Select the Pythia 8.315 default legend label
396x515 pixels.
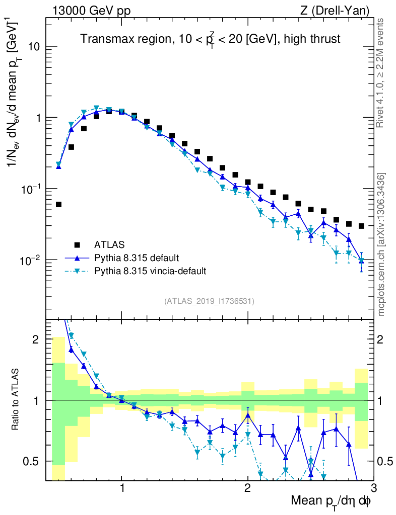[x=136, y=258]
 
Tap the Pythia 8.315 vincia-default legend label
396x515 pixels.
[x=150, y=271]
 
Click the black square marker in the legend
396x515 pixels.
[x=77, y=245]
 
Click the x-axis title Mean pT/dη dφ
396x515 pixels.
[x=331, y=501]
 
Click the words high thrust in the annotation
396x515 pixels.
[x=313, y=39]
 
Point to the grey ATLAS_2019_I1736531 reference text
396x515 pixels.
[x=209, y=301]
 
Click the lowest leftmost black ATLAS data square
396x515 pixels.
[x=58, y=205]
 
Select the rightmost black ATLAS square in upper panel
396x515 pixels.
[x=361, y=226]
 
